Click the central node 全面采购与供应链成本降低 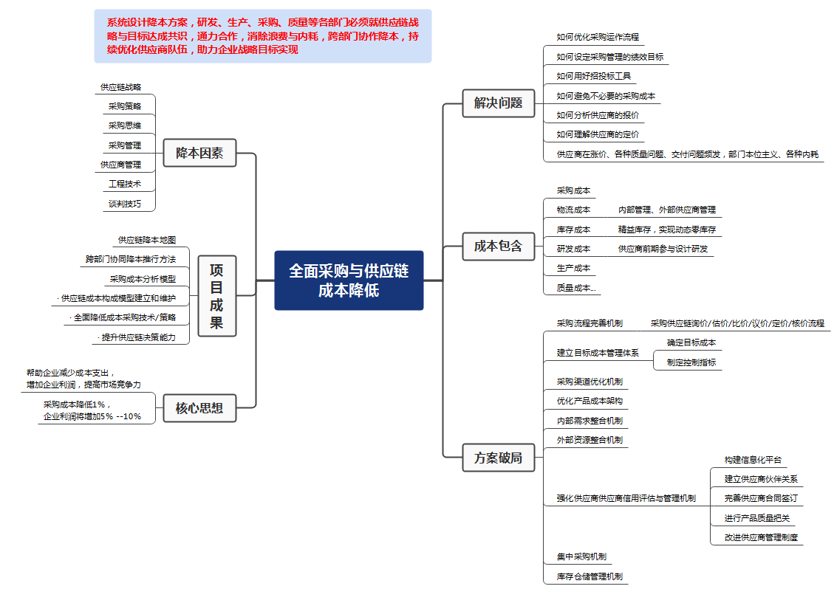tap(349, 280)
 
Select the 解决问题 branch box tap(498, 103)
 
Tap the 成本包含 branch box tap(498, 246)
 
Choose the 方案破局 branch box tap(498, 458)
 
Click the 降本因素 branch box tap(199, 153)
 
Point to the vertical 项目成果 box tap(216, 296)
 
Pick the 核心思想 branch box tap(199, 409)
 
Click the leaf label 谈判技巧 tap(125, 204)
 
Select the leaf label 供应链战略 tap(120, 87)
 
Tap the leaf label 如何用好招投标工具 tap(594, 76)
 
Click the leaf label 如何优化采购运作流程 tap(598, 37)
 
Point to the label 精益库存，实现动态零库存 tap(666, 230)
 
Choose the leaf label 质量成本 tap(576, 288)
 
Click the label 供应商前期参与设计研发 tap(663, 249)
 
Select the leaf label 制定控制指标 tap(691, 362)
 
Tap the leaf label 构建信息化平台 tap(753, 460)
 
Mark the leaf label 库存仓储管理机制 tap(590, 576)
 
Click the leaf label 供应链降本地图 tap(147, 240)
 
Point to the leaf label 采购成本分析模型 tap(143, 279)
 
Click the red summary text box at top tap(263, 36)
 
